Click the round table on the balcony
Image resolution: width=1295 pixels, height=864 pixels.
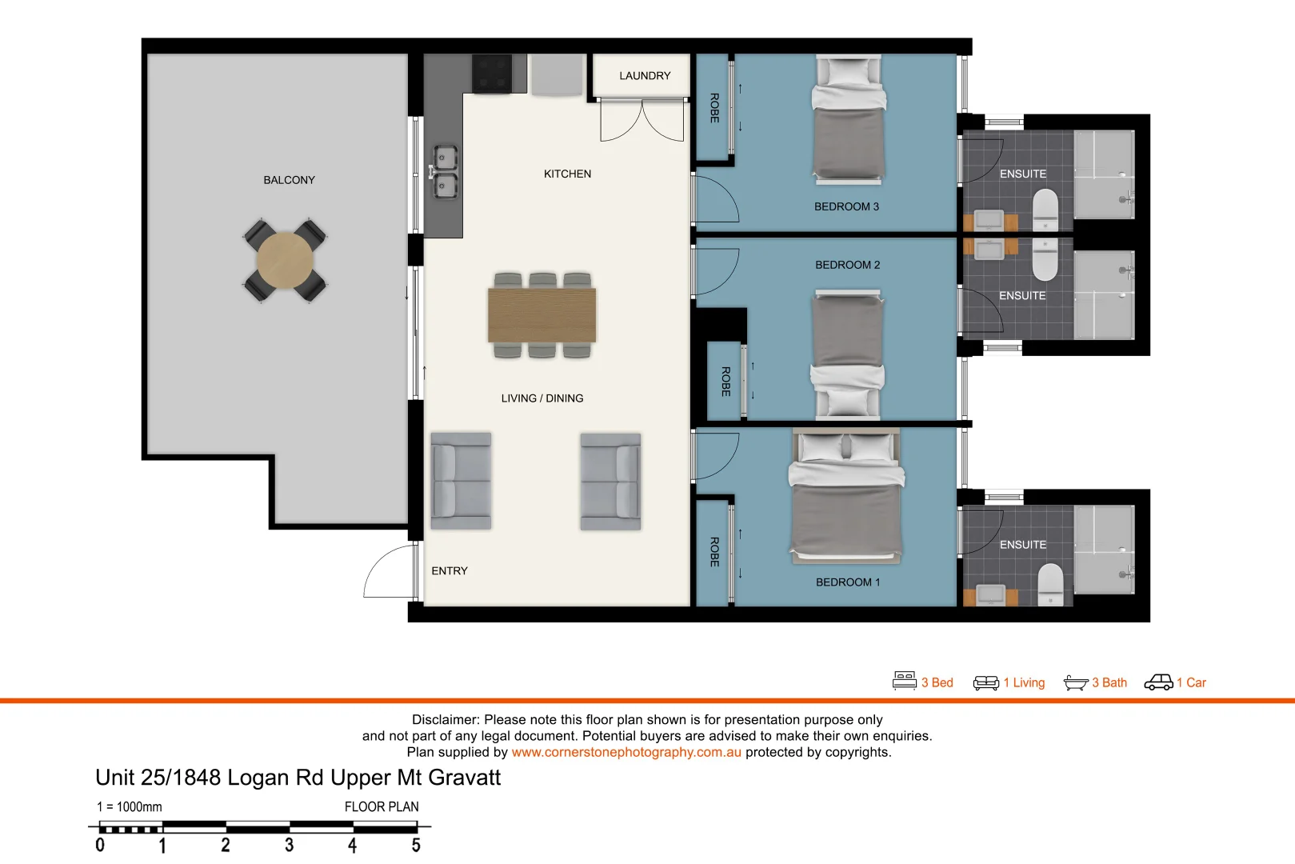click(x=285, y=261)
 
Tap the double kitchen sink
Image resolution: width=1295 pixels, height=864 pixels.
click(x=445, y=172)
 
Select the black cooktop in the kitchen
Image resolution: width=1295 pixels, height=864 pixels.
click(x=492, y=74)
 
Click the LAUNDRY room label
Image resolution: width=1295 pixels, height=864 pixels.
click(x=645, y=76)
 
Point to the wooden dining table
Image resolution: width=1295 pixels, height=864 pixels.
click(x=542, y=315)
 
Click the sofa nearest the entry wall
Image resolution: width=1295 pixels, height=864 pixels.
click(x=461, y=481)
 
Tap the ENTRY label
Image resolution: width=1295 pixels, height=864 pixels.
click(x=450, y=571)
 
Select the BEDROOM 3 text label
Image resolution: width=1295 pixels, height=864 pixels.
click(x=846, y=206)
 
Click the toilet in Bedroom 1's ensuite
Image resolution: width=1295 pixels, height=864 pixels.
click(x=1049, y=584)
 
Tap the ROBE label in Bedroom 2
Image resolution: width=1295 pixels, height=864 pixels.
click(x=725, y=382)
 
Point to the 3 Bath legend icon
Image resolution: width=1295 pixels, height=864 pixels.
click(x=1076, y=682)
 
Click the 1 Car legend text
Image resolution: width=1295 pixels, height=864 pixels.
click(x=1191, y=682)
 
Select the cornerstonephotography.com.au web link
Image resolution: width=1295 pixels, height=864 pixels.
click(x=626, y=752)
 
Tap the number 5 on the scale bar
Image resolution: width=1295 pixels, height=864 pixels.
click(x=415, y=846)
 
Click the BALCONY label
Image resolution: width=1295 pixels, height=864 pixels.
click(x=289, y=180)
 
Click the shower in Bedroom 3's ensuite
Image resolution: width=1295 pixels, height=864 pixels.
click(x=1104, y=174)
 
